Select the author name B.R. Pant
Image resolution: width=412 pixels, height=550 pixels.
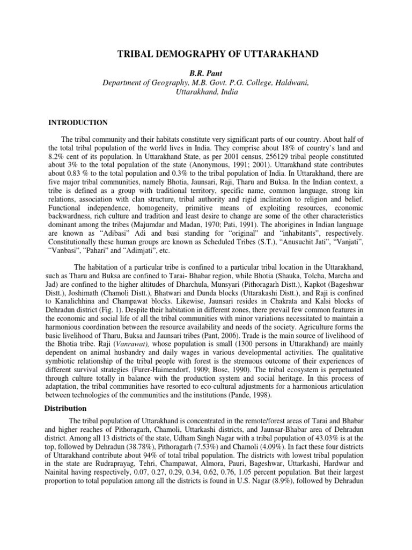tap(205, 71)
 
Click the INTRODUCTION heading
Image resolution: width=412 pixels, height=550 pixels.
tap(78, 122)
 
